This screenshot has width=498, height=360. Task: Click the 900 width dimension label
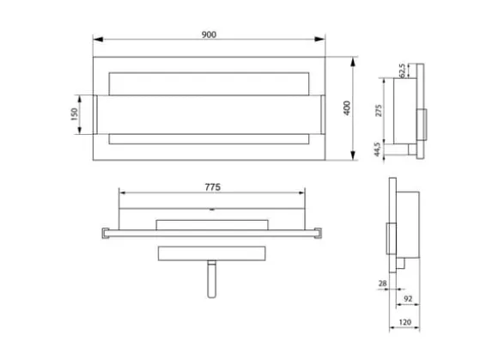[x=209, y=34]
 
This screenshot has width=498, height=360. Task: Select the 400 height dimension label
[x=347, y=108]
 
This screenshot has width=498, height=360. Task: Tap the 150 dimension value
[x=74, y=114]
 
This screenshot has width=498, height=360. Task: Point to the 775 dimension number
[x=212, y=187]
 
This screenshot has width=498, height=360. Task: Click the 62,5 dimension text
[x=402, y=70]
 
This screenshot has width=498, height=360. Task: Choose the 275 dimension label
[x=379, y=110]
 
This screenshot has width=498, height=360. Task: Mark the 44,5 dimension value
[x=377, y=149]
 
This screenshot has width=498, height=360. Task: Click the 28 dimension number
[x=383, y=284]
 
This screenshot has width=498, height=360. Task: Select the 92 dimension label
[x=408, y=299]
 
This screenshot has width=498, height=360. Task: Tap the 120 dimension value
[x=405, y=322]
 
